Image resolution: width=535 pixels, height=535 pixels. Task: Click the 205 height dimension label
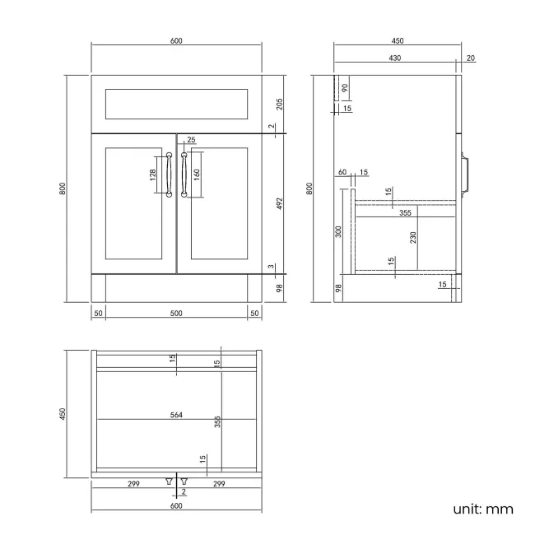(280, 104)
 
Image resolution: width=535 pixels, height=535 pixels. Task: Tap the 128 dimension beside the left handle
(153, 174)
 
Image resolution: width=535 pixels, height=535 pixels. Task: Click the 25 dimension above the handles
(192, 140)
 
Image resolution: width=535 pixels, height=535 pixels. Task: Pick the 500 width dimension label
(176, 314)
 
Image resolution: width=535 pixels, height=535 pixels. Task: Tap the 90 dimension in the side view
(345, 88)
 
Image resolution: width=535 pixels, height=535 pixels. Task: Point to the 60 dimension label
(342, 172)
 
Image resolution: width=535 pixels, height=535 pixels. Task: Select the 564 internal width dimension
(176, 415)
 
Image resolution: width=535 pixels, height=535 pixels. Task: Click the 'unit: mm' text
(483, 509)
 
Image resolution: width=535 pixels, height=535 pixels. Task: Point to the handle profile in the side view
(467, 174)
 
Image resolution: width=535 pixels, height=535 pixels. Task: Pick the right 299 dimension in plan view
(220, 483)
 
